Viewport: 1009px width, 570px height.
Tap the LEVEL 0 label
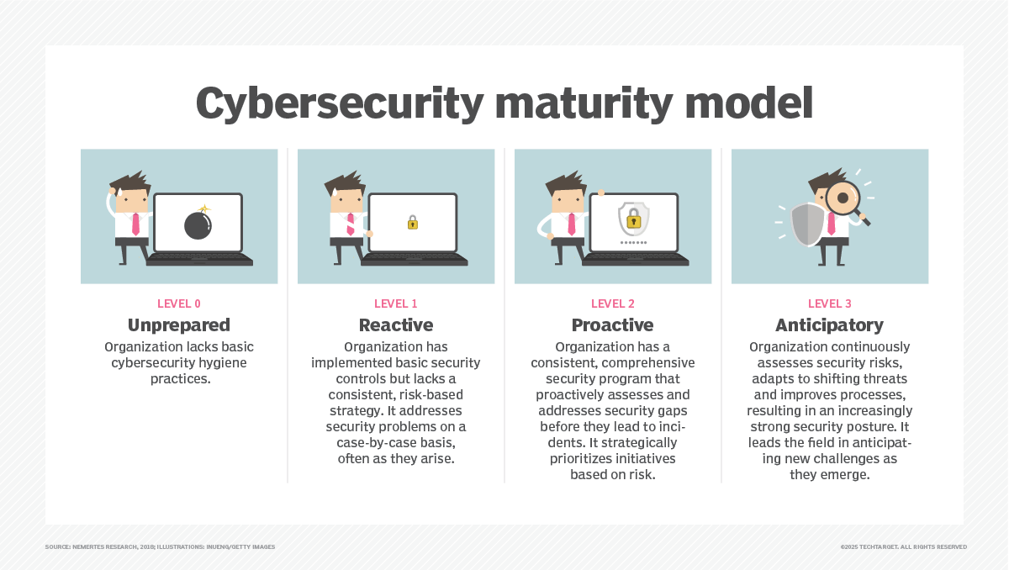pos(179,304)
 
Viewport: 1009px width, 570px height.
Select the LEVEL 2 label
pos(613,304)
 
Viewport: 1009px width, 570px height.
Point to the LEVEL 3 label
pos(830,304)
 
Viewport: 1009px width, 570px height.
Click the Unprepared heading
pos(179,325)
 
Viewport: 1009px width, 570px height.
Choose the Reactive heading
pos(396,325)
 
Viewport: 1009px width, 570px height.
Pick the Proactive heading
pos(613,325)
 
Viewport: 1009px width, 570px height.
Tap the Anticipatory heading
pos(830,325)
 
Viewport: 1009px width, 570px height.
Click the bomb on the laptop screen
pos(198,224)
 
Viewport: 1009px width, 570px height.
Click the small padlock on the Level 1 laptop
pos(413,223)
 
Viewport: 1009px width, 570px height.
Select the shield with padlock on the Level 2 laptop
pos(633,219)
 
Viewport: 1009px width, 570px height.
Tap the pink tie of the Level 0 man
pos(135,224)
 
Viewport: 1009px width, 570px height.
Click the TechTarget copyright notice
pos(903,547)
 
